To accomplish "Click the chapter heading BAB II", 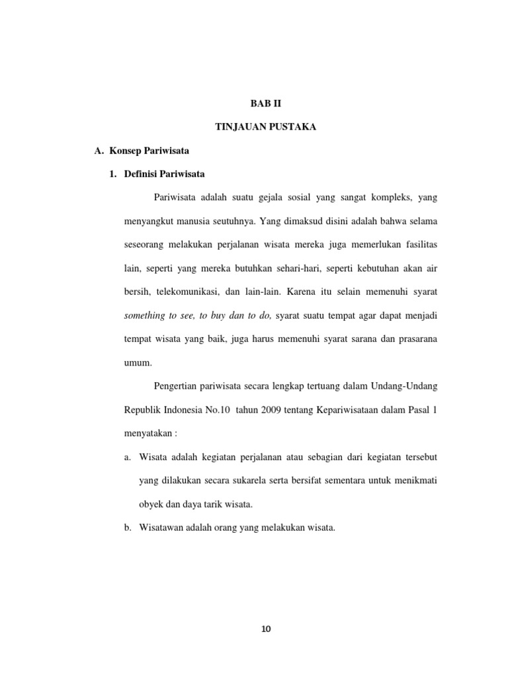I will [266, 104].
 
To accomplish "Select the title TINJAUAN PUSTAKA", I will [266, 127].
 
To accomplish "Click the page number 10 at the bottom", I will [266, 629].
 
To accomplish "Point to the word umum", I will [138, 362].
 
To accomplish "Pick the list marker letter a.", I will [127, 457].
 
